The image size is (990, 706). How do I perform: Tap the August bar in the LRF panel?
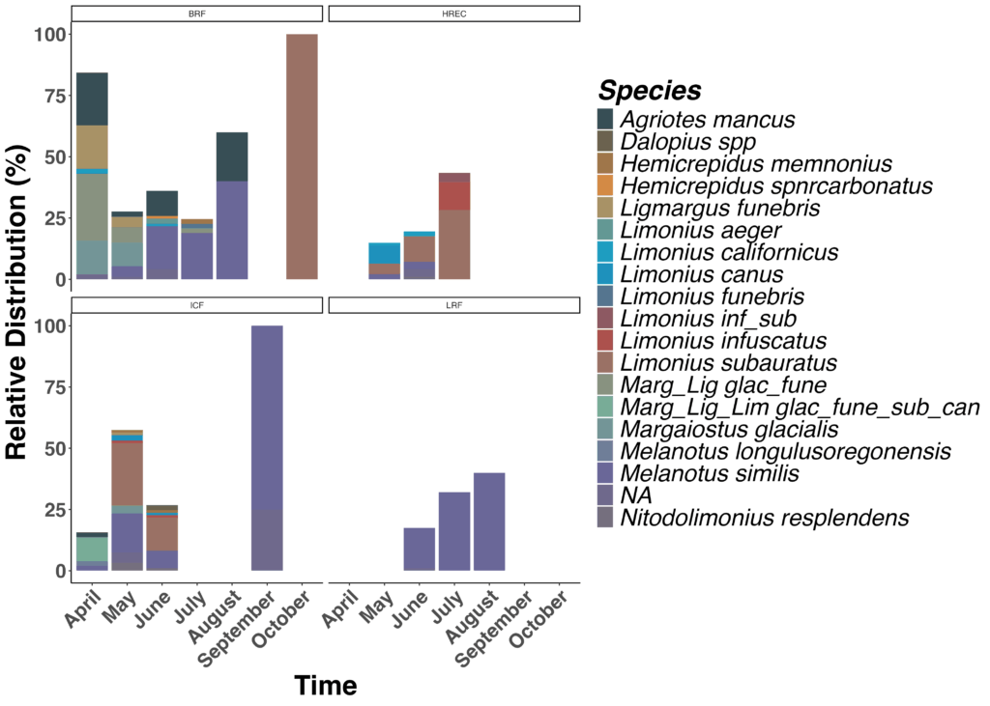tap(489, 522)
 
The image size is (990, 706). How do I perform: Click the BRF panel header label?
tap(196, 14)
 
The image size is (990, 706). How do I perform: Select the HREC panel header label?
tap(454, 14)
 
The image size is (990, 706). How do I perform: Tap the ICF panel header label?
tap(196, 305)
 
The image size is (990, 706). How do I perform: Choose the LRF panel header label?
tap(454, 305)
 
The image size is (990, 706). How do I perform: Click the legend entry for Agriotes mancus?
tap(707, 120)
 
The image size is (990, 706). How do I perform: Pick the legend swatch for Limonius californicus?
tap(606, 252)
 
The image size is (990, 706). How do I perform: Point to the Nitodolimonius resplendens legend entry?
tap(764, 518)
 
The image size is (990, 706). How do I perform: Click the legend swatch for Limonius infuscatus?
tap(606, 341)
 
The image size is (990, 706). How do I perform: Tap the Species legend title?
tap(650, 90)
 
